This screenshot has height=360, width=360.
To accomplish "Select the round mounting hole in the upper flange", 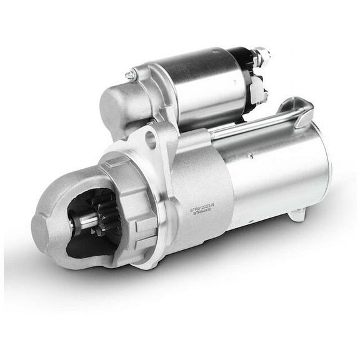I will tap(151, 139).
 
